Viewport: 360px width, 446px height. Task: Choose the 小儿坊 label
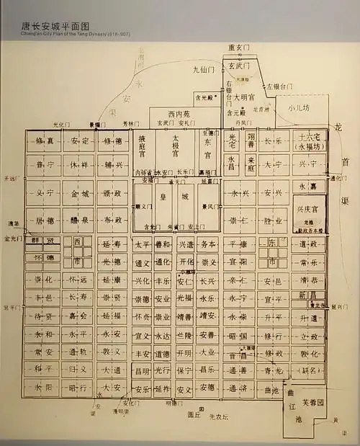coord(297,110)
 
